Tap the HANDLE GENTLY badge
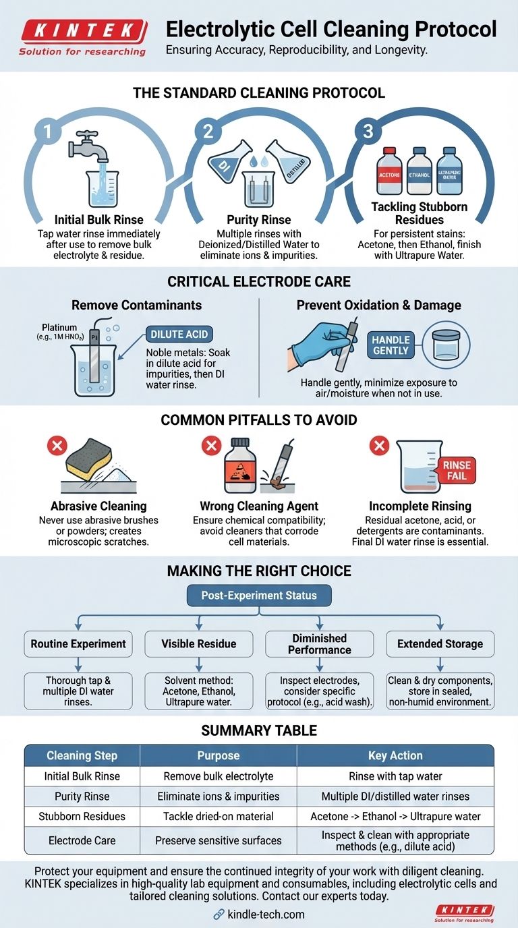click(391, 345)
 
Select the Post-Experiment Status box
click(260, 596)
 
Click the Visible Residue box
click(199, 643)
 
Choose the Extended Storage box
click(440, 643)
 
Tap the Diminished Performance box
click(320, 643)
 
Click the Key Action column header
click(395, 755)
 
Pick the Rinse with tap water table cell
click(395, 776)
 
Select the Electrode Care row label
click(82, 840)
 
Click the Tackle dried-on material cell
click(218, 816)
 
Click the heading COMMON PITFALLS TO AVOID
click(259, 419)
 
